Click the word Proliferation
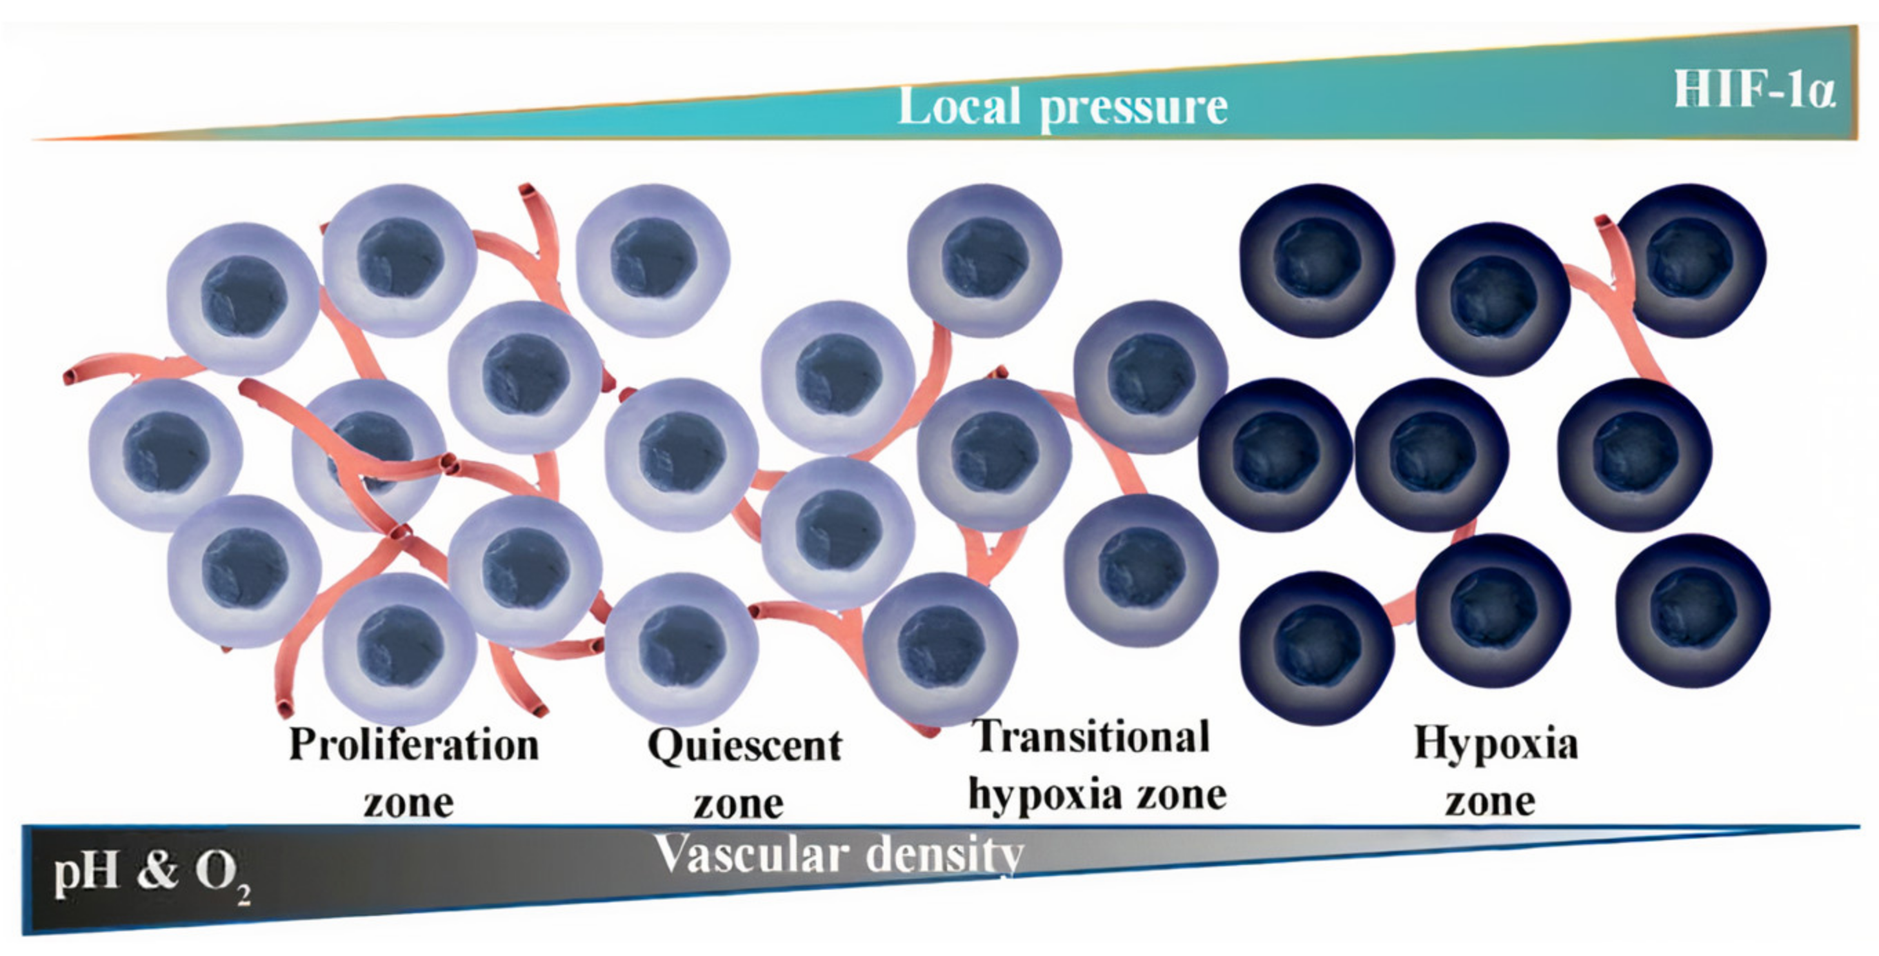click(x=414, y=745)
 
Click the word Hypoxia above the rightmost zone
click(x=1496, y=744)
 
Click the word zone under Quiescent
click(x=738, y=804)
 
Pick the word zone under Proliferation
click(x=408, y=803)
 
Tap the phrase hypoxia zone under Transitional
click(x=1097, y=794)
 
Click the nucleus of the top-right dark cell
click(x=1689, y=258)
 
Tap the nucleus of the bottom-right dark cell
click(x=1693, y=610)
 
